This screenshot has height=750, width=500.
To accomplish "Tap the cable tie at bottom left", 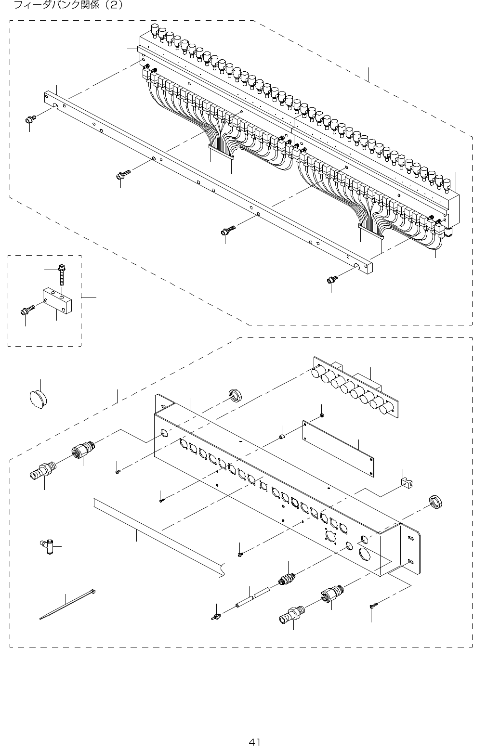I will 67,604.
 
